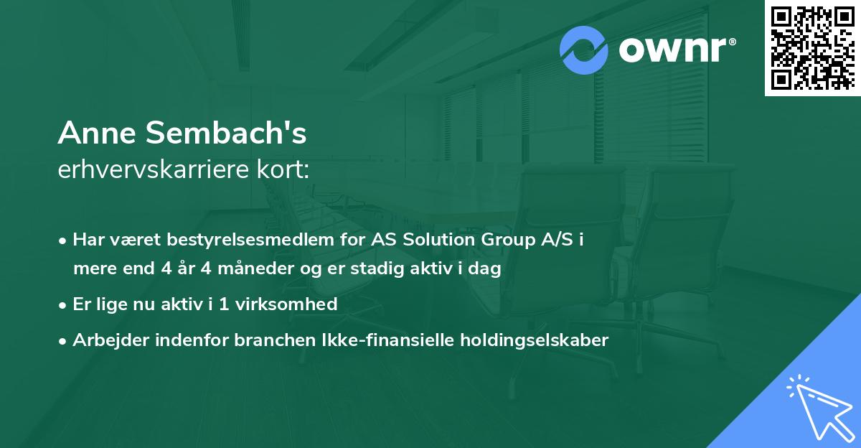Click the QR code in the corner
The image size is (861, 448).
pos(811,47)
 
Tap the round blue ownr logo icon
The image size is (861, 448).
pos(584,50)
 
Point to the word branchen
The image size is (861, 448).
pos(266,340)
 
